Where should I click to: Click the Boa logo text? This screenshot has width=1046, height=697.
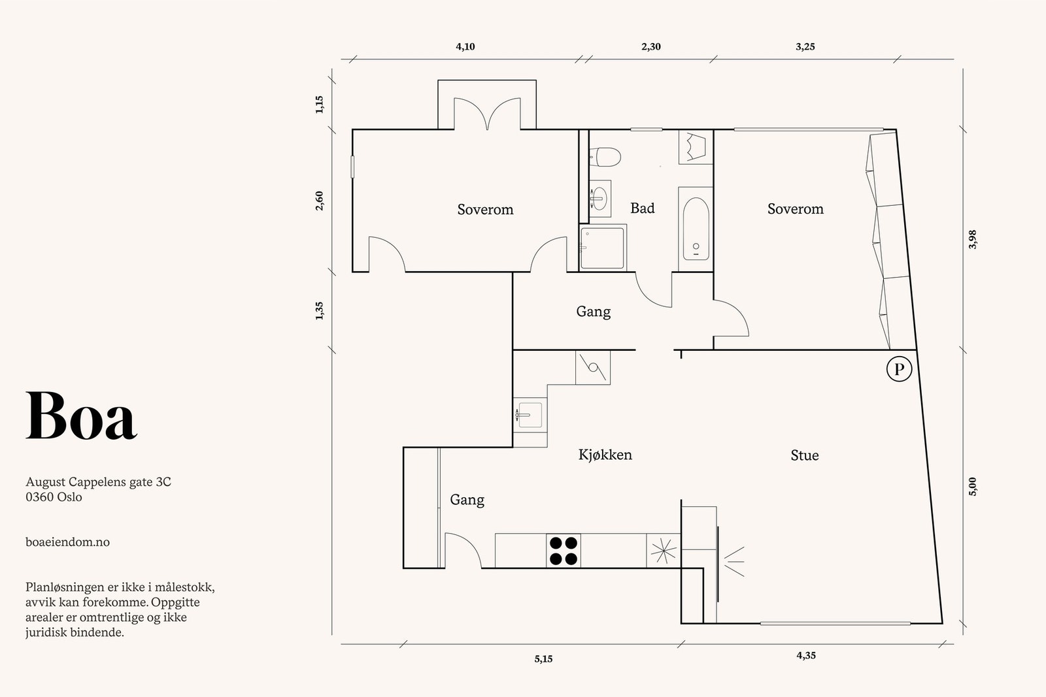coord(82,417)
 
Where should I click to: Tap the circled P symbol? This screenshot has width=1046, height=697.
coord(899,370)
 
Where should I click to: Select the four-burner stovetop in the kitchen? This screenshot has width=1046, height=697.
coord(563,551)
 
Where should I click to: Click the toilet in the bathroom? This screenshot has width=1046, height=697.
coord(605,157)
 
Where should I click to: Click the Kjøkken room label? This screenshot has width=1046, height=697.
coord(605,455)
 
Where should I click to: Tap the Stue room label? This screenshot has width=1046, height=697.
coord(804,455)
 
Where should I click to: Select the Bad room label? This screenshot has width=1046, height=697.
coord(642,208)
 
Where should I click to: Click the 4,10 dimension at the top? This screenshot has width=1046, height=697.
coord(465,47)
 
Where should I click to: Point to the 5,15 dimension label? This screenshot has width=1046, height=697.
coord(543,659)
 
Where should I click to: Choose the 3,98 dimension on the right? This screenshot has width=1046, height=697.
coord(972,239)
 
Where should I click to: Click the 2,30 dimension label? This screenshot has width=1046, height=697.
coord(650,47)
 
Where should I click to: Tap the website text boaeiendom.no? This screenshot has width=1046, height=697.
coord(67,542)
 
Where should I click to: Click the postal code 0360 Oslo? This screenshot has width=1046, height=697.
coord(54,497)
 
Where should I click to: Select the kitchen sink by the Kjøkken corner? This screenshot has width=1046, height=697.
coord(529,415)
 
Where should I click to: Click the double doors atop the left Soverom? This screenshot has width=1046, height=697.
coord(487,114)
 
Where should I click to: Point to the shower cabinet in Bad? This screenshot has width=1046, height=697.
coord(603,248)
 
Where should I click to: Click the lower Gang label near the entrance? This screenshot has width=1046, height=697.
coord(467,500)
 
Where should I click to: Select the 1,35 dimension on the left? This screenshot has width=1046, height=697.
coord(320,311)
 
